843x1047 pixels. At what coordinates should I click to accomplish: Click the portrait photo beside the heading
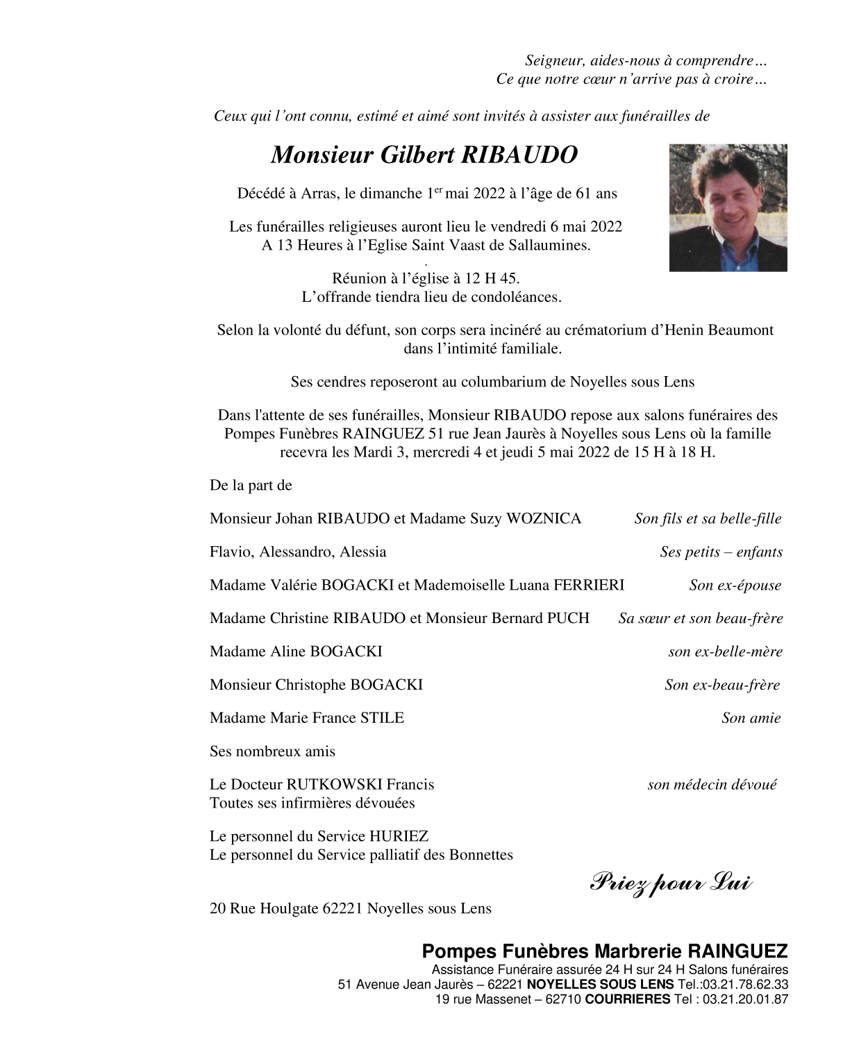pyautogui.click(x=728, y=207)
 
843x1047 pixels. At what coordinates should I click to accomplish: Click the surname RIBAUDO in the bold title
pyautogui.click(x=509, y=155)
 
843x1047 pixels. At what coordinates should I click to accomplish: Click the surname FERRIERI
pyautogui.click(x=588, y=585)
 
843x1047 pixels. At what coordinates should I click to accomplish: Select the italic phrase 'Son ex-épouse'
pyautogui.click(x=735, y=586)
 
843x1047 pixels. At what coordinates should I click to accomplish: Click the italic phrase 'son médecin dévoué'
pyautogui.click(x=712, y=785)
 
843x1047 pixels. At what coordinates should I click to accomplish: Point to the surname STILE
pyautogui.click(x=381, y=718)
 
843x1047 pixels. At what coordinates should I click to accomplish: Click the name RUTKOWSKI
pyautogui.click(x=334, y=785)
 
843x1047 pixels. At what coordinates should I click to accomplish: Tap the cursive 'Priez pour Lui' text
pyautogui.click(x=671, y=883)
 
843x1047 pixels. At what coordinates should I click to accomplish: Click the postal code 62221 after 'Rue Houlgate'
pyautogui.click(x=342, y=908)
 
